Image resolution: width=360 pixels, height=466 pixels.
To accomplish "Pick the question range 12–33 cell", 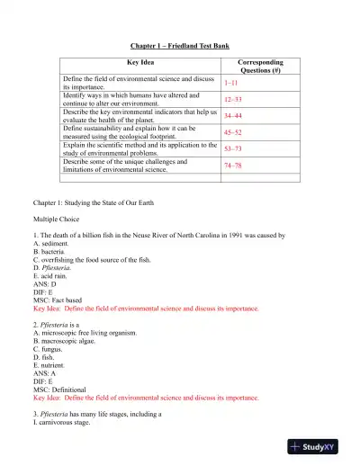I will click(x=233, y=98).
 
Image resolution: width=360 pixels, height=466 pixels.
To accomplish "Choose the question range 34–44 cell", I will click(x=234, y=115).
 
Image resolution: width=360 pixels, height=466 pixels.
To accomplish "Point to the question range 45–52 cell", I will click(x=234, y=132).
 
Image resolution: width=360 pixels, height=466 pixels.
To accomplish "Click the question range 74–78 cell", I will click(x=234, y=166).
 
